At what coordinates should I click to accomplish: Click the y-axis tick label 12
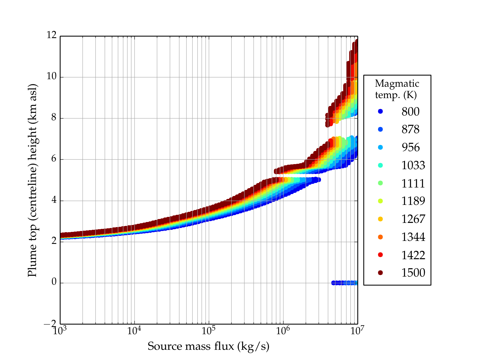tap(52, 35)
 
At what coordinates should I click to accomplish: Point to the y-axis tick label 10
tap(52, 76)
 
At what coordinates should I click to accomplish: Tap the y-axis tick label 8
tap(54, 118)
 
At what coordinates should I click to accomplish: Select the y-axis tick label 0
tap(54, 282)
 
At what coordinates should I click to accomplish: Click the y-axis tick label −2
tap(50, 324)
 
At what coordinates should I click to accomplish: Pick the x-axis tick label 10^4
tap(134, 331)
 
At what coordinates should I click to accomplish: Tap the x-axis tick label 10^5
tap(208, 331)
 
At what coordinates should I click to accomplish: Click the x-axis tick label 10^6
tap(283, 331)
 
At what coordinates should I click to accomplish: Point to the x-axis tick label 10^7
tap(357, 331)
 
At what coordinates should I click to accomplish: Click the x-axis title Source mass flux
tap(208, 346)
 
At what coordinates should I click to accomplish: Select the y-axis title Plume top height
tap(32, 180)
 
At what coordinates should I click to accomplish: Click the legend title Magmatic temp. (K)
tap(397, 89)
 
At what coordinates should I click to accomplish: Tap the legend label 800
tap(410, 112)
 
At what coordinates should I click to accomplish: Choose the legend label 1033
tap(413, 165)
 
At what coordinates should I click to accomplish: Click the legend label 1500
tap(413, 273)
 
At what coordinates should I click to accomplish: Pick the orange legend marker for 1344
tap(380, 237)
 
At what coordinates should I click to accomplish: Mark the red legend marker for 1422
tap(380, 255)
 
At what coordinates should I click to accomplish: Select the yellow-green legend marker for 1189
tap(380, 201)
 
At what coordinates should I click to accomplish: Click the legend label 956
tap(410, 147)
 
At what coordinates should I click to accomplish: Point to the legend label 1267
tap(413, 219)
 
